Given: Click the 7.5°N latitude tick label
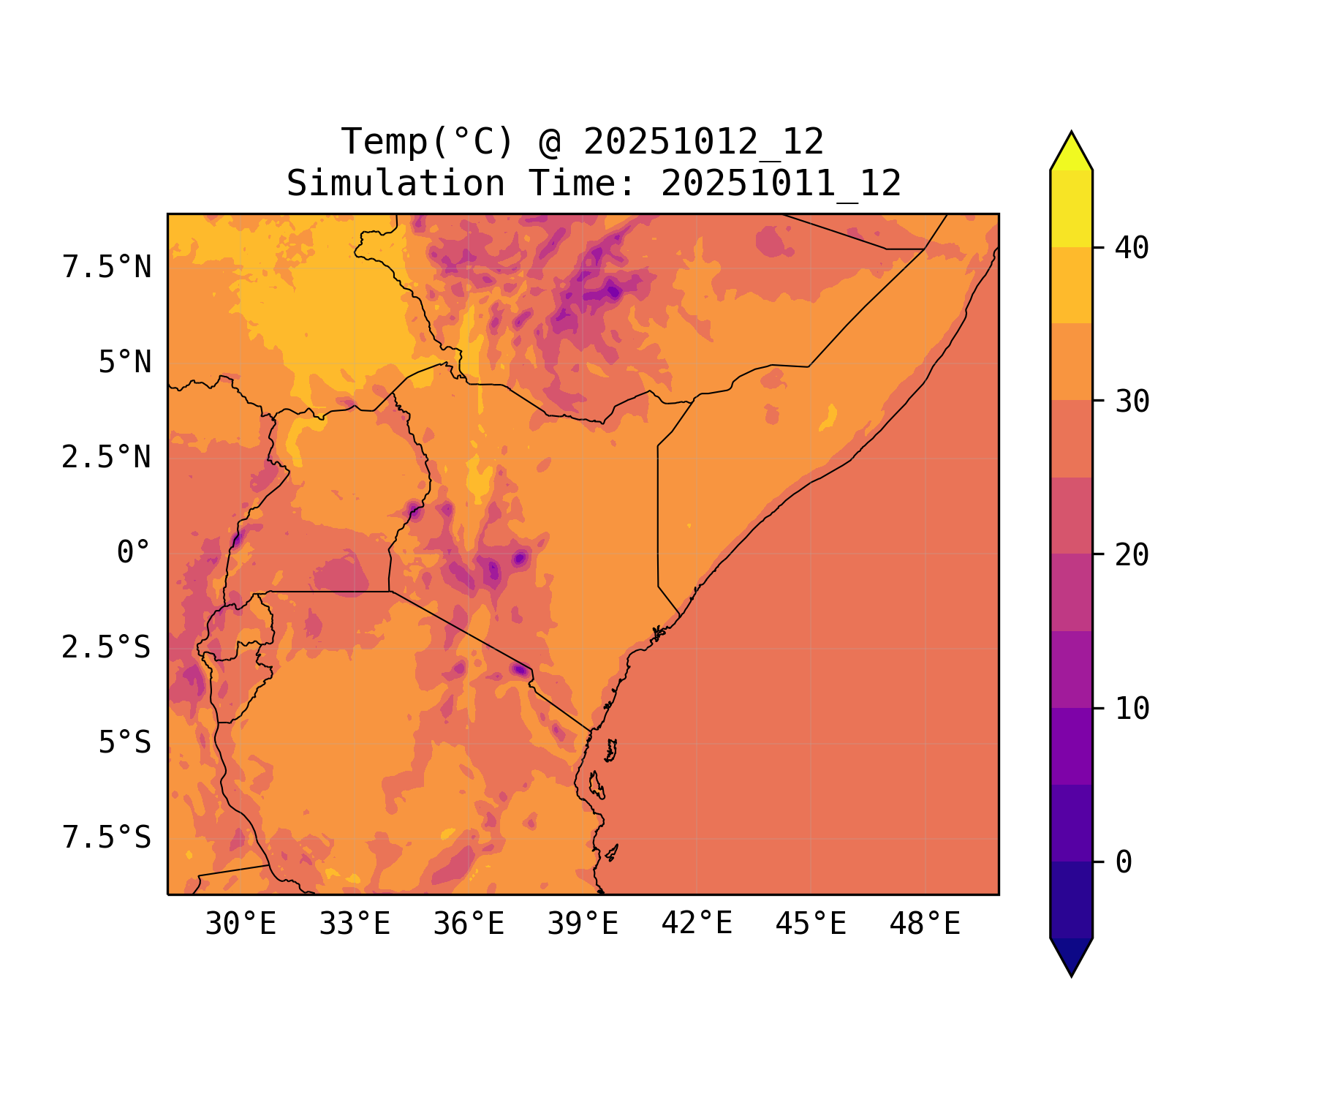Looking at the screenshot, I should click(x=107, y=268).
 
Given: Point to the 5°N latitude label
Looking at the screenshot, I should click(x=125, y=363).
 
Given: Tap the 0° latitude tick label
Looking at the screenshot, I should click(x=134, y=553).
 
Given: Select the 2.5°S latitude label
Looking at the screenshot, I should click(x=107, y=648).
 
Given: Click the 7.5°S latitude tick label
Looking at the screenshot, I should click(x=107, y=838).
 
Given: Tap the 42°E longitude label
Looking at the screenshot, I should click(x=697, y=924).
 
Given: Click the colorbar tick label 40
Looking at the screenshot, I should click(x=1132, y=249).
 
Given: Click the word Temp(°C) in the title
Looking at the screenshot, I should click(x=428, y=142).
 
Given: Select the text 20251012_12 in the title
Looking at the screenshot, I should click(x=703, y=142).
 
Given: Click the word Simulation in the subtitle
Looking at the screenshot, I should click(x=395, y=184).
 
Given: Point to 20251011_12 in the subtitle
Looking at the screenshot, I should click(x=781, y=184).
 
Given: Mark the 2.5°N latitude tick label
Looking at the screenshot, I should click(x=107, y=459).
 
